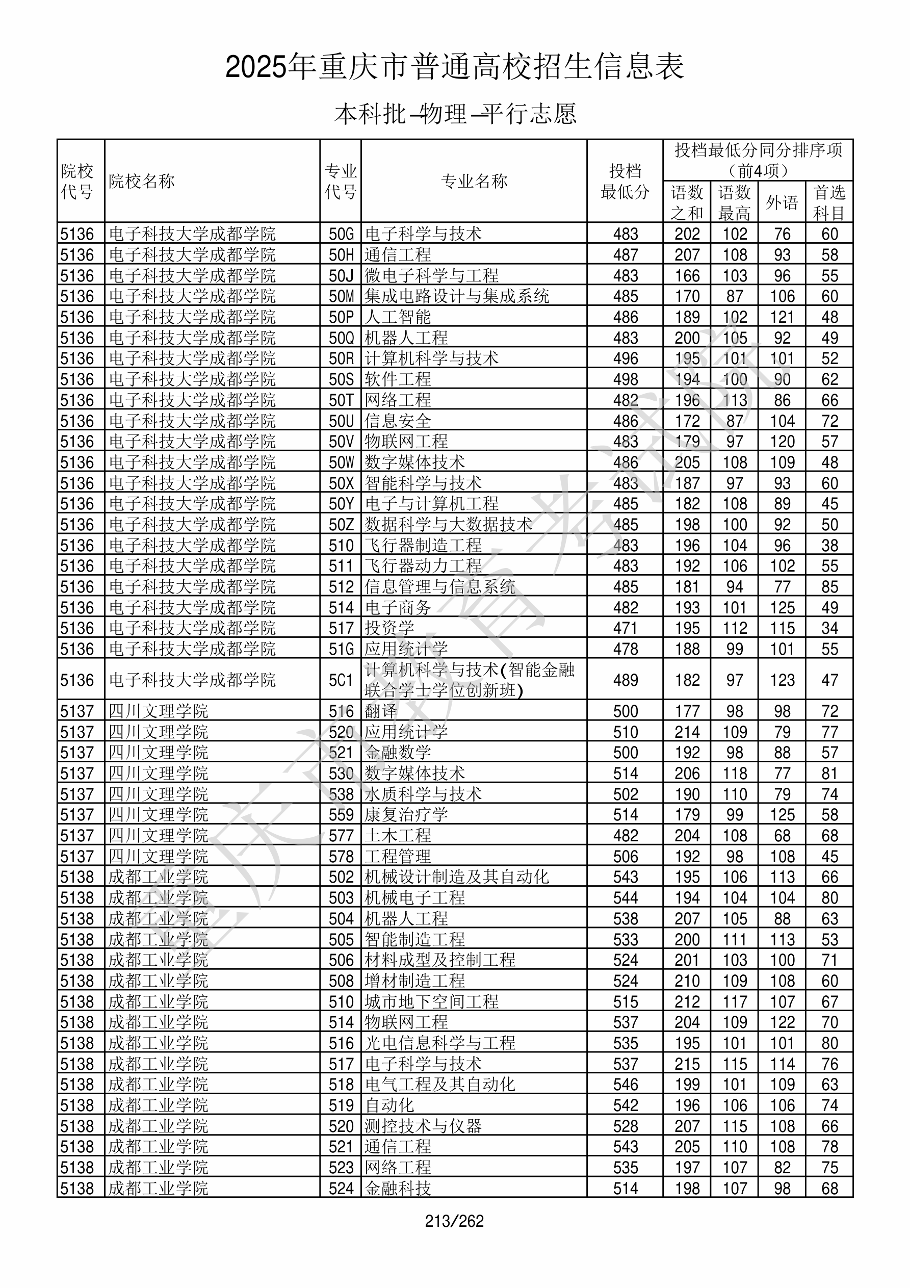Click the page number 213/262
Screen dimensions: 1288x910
point(454,1221)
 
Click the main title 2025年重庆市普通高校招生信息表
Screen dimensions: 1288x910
point(454,67)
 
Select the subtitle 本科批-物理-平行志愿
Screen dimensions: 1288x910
point(455,114)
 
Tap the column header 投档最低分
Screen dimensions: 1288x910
point(625,181)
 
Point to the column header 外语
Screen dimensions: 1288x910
point(782,202)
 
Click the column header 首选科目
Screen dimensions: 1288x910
point(829,202)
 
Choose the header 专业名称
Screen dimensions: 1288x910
point(474,181)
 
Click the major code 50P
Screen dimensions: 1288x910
point(341,318)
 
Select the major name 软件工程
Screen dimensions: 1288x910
point(398,380)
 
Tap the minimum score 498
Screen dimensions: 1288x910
point(625,380)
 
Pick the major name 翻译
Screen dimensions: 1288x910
point(381,711)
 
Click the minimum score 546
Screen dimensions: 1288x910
point(625,1085)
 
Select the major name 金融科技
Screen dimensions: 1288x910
point(398,1188)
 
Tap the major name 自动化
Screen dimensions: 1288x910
point(389,1105)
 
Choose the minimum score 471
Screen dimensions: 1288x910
point(625,628)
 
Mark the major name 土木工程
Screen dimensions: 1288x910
point(398,836)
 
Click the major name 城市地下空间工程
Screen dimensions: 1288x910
point(431,1002)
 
